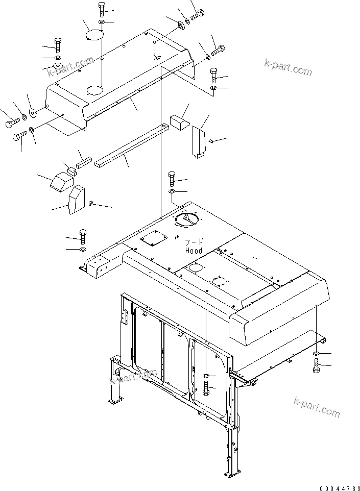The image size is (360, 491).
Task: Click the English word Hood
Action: (194, 251)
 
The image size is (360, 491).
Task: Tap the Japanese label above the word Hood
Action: (194, 242)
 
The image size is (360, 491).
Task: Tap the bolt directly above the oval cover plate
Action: (101, 9)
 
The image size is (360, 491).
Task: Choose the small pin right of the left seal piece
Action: (90, 203)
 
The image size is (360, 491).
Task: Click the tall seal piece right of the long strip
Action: (199, 140)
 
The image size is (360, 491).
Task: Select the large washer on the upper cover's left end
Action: (33, 112)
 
